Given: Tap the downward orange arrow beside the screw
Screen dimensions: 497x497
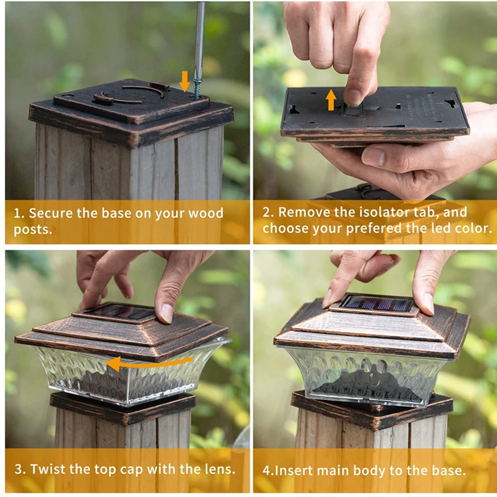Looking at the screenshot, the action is point(185,81).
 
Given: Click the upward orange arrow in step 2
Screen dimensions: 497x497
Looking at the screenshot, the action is point(331,100).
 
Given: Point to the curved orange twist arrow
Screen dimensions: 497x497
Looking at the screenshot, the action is point(149,363).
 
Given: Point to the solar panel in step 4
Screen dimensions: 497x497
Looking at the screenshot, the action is point(377,303).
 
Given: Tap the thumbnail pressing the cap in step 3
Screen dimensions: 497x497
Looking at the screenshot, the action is point(167,312).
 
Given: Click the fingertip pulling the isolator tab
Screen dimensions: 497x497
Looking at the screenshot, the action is point(354,97).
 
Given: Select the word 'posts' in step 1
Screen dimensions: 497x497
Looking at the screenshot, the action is point(31,230).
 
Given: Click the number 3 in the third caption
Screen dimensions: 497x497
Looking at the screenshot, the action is point(18,469).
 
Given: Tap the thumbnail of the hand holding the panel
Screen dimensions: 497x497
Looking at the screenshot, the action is point(373,157).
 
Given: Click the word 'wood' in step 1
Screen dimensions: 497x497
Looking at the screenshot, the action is point(206,213).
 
